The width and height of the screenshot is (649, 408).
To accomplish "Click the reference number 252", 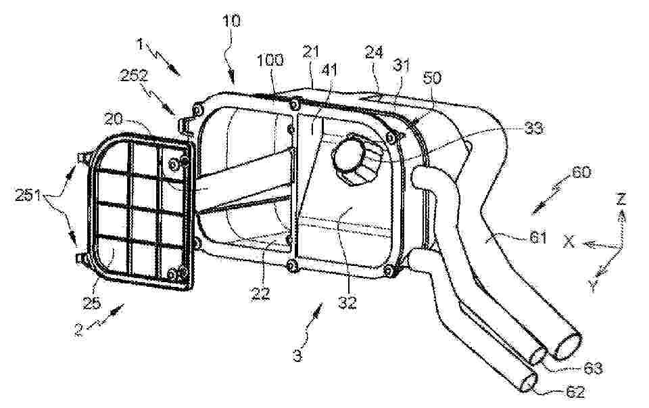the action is [133, 76].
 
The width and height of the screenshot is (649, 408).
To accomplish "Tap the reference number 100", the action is [270, 60].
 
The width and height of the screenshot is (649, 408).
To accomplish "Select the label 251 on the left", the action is [28, 195].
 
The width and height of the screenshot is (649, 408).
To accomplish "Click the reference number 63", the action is [592, 368].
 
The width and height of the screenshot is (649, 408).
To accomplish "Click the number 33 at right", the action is [533, 129].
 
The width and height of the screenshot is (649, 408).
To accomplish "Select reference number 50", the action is [432, 78].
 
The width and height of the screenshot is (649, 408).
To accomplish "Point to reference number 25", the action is [92, 303].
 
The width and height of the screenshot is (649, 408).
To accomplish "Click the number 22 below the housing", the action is [260, 293].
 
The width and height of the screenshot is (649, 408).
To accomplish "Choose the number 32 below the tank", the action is [347, 302].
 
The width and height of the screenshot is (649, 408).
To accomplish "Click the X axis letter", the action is [569, 241].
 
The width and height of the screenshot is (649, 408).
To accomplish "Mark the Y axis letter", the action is [593, 285].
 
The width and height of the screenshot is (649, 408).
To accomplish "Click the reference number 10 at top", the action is [231, 21].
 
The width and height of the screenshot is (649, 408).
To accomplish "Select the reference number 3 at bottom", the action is [297, 356].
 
